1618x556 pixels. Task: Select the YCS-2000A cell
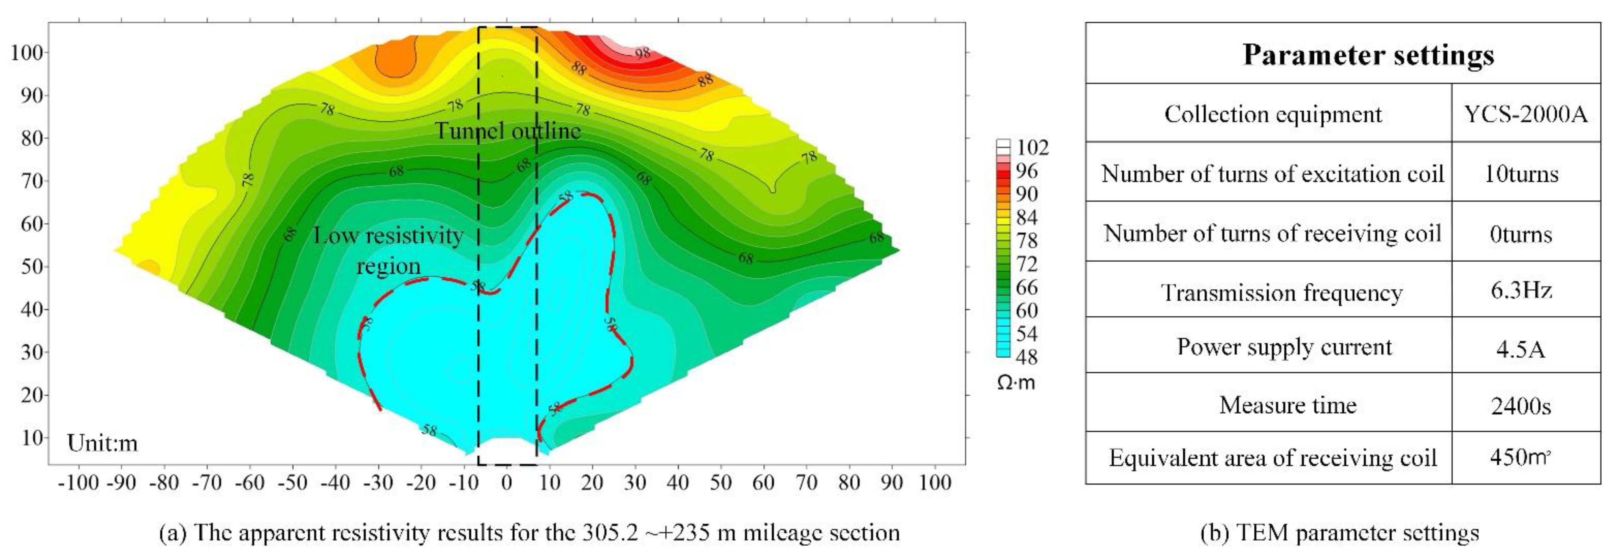click(1525, 114)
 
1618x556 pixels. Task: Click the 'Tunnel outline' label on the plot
click(507, 131)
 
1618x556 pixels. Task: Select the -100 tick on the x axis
click(78, 482)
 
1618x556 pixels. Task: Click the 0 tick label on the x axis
click(506, 482)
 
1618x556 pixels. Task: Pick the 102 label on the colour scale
click(1033, 148)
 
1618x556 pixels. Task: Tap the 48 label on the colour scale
click(1026, 357)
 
